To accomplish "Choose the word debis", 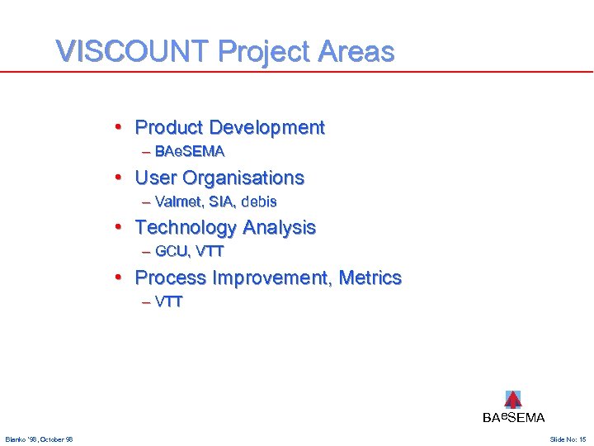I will [x=259, y=202].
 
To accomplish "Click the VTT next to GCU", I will [x=210, y=251].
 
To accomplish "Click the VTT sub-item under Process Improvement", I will [x=168, y=301].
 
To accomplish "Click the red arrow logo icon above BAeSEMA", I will [x=513, y=400].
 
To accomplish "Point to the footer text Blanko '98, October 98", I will [x=39, y=439].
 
